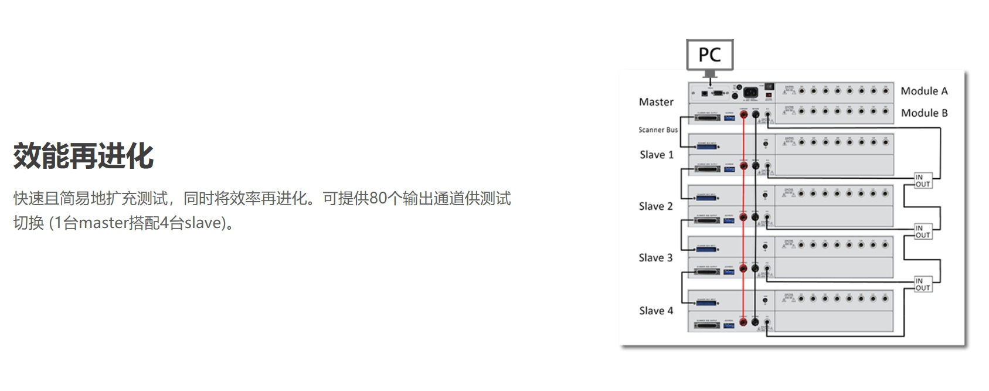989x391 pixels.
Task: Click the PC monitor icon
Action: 709,55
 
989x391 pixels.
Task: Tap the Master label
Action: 656,102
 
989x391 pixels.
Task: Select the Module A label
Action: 924,91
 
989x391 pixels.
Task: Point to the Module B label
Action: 924,113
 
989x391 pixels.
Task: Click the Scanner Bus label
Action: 658,130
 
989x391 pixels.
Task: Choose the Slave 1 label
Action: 656,155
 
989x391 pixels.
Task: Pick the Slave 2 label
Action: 655,206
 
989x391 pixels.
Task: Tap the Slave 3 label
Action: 655,258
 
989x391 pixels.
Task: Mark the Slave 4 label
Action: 655,311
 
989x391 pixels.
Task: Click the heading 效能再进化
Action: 83,156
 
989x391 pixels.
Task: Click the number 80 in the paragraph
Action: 379,199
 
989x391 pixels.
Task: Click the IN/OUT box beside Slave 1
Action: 923,181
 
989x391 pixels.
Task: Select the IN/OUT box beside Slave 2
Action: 923,232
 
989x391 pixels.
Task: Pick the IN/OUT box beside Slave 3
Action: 923,284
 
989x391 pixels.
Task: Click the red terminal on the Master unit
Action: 743,115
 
